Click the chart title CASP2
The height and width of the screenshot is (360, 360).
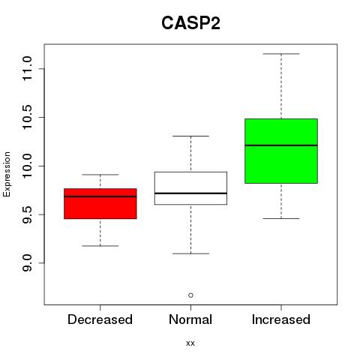(190, 23)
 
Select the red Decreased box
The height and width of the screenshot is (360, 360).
(100, 204)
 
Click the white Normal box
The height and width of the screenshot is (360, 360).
(190, 188)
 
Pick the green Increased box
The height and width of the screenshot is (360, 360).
(281, 151)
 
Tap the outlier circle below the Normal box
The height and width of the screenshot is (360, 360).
(190, 295)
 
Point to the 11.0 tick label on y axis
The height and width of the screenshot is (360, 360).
(27, 68)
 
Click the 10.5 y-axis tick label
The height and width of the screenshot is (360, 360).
(27, 117)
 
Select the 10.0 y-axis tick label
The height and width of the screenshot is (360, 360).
(27, 166)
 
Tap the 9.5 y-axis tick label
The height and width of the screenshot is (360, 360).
(27, 214)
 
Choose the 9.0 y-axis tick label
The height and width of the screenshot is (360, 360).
(27, 263)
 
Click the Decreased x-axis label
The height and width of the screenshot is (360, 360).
(100, 319)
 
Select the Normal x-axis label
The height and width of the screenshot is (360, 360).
(190, 319)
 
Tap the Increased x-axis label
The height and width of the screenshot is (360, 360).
(281, 319)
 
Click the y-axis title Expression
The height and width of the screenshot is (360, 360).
(7, 174)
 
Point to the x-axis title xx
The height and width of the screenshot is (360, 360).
(190, 343)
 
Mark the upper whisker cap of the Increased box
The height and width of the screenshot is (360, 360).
(281, 54)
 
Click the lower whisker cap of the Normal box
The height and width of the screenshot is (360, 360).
(190, 253)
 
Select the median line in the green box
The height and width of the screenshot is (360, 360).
(281, 145)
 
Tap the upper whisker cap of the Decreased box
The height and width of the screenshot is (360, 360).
(100, 175)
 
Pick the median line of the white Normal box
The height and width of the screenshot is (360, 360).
(190, 193)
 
